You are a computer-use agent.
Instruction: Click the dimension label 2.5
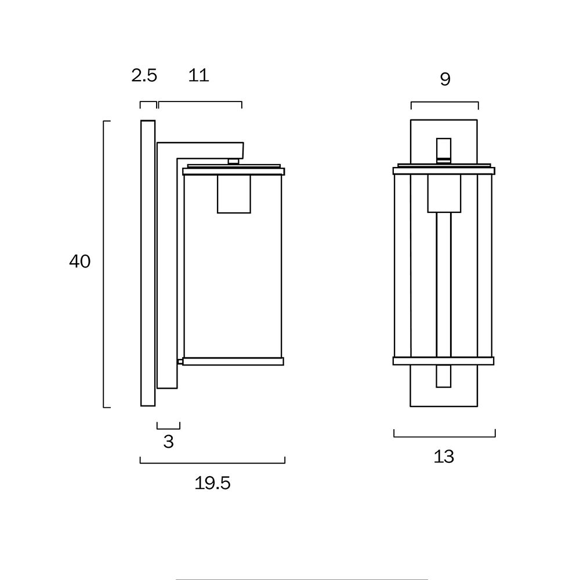click(144, 75)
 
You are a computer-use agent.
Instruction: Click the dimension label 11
click(198, 75)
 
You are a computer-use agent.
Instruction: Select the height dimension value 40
click(79, 262)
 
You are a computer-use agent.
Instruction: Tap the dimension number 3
click(169, 441)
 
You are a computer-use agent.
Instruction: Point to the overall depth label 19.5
click(212, 483)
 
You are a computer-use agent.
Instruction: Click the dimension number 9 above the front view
click(445, 79)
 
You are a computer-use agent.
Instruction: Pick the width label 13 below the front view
click(444, 456)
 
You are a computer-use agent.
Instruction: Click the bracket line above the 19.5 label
click(212, 463)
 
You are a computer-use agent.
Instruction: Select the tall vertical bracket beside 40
click(104, 264)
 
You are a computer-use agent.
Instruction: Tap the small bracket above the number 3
click(168, 429)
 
